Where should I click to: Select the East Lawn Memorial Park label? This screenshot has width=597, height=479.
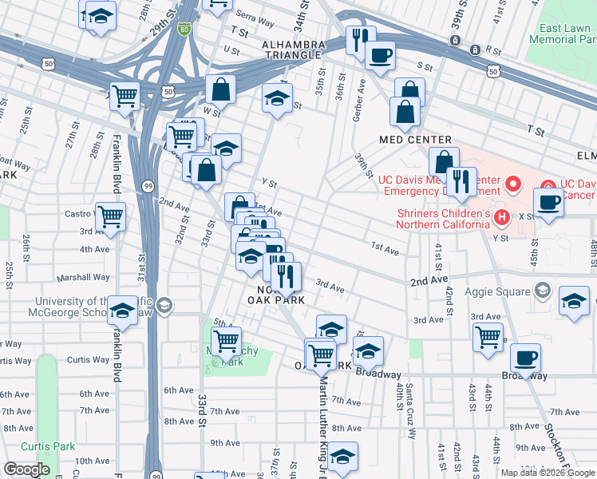pyautogui.click(x=563, y=33)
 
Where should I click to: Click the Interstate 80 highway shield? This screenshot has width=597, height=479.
pyautogui.click(x=184, y=30)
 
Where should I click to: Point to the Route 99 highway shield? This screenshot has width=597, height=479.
pyautogui.click(x=148, y=185)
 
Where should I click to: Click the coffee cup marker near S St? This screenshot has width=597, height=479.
pyautogui.click(x=380, y=56)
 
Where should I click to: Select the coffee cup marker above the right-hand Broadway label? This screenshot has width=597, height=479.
pyautogui.click(x=525, y=358)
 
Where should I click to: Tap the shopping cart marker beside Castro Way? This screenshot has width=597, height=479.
pyautogui.click(x=110, y=216)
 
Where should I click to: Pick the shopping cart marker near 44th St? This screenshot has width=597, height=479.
pyautogui.click(x=488, y=336)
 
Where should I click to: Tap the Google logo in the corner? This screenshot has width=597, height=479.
pyautogui.click(x=26, y=469)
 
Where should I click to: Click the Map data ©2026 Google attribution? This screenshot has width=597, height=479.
pyautogui.click(x=548, y=473)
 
